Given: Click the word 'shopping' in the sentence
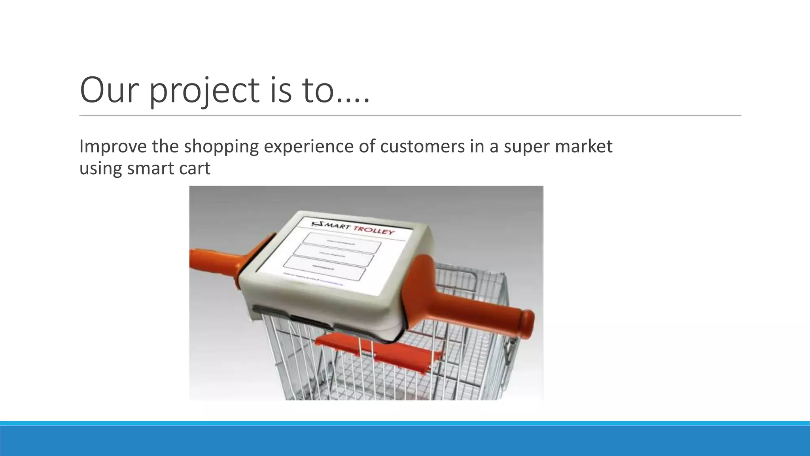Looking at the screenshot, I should tap(221, 146).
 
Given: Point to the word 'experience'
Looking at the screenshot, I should tap(308, 146).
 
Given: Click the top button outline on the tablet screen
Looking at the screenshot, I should tap(342, 242).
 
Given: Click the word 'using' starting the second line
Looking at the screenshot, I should tap(100, 169).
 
